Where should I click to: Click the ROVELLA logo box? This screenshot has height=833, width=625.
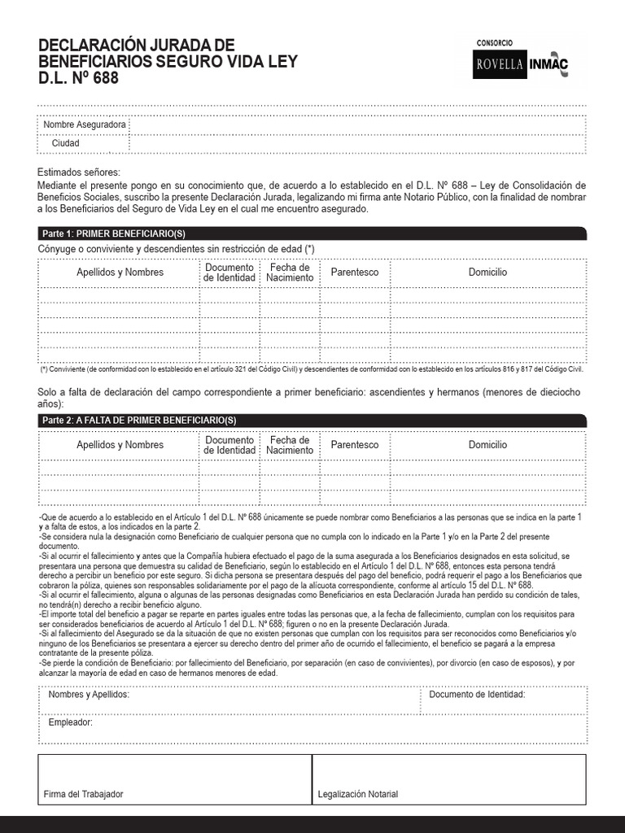500,64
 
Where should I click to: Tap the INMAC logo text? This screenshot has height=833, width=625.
549,65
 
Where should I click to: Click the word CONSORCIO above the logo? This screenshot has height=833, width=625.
494,42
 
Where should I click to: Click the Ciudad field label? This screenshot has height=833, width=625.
66,143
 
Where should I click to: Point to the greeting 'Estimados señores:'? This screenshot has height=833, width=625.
78,172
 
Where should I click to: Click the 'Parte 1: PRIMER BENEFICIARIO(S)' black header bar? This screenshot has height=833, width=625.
312,233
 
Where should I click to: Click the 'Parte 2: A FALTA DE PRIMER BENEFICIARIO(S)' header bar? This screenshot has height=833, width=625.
312,420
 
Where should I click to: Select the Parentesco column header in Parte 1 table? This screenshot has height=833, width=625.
354,273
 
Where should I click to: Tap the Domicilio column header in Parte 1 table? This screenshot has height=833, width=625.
487,273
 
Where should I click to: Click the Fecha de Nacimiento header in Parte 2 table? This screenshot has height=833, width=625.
289,445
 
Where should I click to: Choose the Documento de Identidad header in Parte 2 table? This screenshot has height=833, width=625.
229,445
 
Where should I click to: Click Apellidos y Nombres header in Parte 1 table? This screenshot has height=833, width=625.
120,273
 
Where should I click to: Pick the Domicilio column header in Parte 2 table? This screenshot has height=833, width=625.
487,445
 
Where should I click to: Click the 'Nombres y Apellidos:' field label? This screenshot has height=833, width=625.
89,695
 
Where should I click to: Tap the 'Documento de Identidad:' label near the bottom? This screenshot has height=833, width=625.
477,695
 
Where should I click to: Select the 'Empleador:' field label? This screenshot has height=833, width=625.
70,722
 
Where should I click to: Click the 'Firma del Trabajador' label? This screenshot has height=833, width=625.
84,794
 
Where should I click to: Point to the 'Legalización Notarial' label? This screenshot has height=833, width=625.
358,794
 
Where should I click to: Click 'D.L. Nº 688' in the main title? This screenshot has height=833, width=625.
78,78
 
